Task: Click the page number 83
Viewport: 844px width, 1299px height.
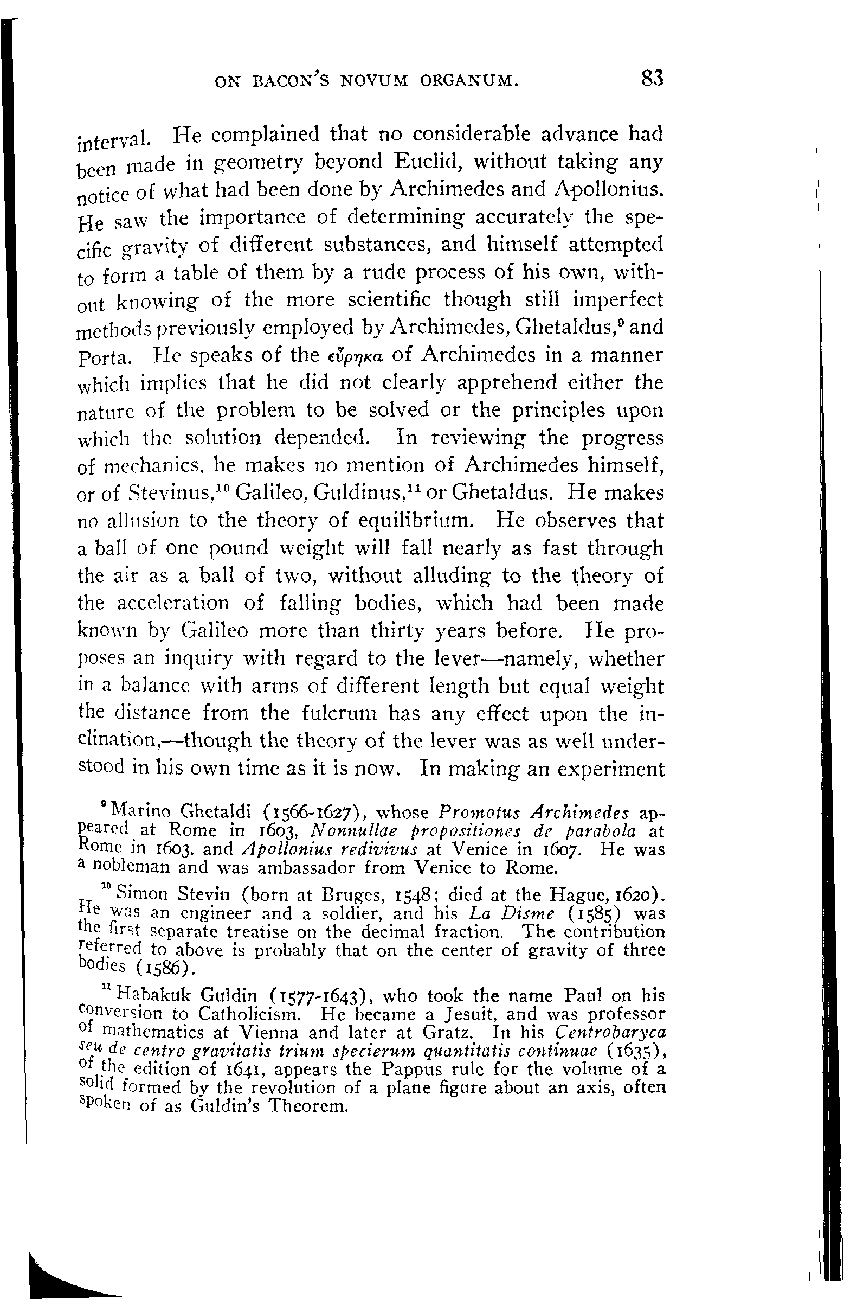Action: [652, 79]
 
